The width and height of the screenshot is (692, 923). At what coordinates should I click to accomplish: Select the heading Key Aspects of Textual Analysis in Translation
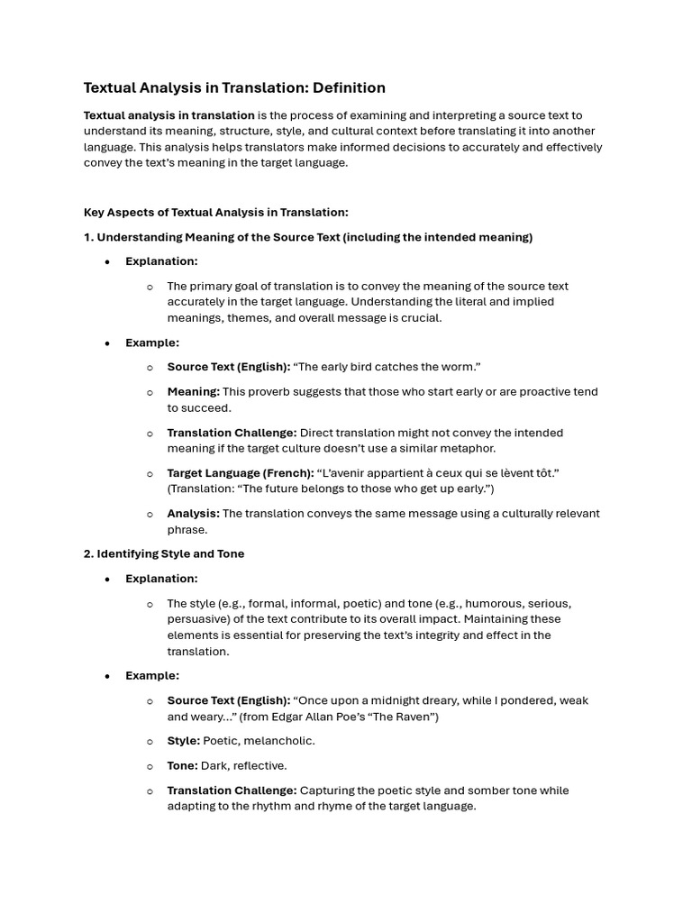pyautogui.click(x=215, y=213)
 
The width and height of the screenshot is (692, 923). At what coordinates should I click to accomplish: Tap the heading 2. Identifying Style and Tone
pyautogui.click(x=163, y=554)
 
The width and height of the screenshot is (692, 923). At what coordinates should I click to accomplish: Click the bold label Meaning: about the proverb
pyautogui.click(x=193, y=392)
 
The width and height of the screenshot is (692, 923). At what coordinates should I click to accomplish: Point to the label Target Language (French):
pyautogui.click(x=240, y=473)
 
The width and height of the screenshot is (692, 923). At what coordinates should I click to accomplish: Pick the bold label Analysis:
pyautogui.click(x=193, y=514)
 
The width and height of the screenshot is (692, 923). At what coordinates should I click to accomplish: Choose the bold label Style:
pyautogui.click(x=184, y=741)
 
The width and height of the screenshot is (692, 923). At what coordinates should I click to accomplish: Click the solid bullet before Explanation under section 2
pyautogui.click(x=107, y=580)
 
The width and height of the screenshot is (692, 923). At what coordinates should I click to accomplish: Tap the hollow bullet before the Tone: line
pyautogui.click(x=150, y=767)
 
